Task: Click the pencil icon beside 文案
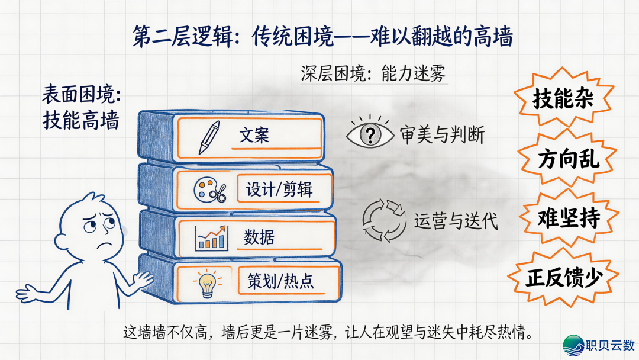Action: click(x=209, y=137)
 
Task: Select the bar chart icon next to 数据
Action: click(x=211, y=237)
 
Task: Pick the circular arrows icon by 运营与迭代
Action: click(x=384, y=220)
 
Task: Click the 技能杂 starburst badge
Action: click(x=564, y=98)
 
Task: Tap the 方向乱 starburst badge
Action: click(x=568, y=158)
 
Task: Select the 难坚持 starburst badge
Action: click(x=569, y=218)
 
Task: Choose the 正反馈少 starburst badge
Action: click(x=564, y=278)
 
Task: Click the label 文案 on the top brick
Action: click(x=254, y=135)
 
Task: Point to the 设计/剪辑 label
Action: click(x=279, y=189)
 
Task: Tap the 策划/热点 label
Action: click(x=281, y=281)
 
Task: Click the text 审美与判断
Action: click(x=442, y=135)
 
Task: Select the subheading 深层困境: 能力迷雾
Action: click(x=373, y=74)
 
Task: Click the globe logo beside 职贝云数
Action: click(x=573, y=345)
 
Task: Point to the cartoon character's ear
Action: click(x=61, y=242)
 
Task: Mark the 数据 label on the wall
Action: click(x=259, y=237)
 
